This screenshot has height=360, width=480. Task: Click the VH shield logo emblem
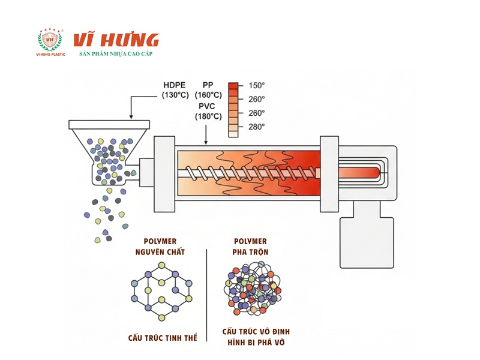click(x=50, y=40)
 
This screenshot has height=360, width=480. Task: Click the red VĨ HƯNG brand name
click(x=116, y=40)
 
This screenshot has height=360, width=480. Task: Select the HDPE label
click(x=175, y=85)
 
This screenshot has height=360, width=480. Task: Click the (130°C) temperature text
click(x=175, y=95)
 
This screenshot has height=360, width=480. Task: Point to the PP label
click(x=211, y=85)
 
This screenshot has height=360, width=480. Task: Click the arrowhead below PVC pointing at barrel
click(x=206, y=143)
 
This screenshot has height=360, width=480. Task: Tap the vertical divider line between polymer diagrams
click(x=206, y=294)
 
